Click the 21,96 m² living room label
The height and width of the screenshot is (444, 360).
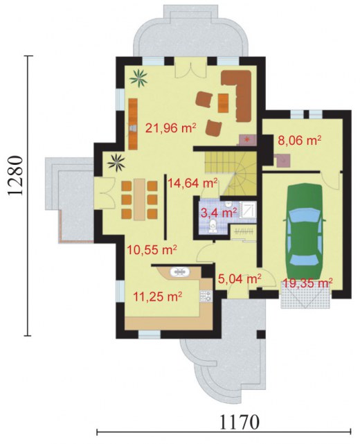click(171, 128)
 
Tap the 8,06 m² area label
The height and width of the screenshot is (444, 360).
click(300, 140)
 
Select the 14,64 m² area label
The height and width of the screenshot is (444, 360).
click(192, 183)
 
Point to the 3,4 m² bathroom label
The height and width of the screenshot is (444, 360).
click(219, 212)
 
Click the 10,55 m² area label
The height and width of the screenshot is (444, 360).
click(152, 250)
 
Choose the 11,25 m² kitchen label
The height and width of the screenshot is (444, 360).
click(157, 296)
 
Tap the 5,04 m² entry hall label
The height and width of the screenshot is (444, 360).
click(240, 279)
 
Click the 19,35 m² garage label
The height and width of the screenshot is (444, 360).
click(307, 283)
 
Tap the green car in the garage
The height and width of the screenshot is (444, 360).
click(305, 231)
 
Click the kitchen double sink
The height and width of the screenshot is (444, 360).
click(180, 272)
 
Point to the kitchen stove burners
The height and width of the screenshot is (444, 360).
click(206, 296)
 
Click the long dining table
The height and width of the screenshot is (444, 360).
click(140, 199)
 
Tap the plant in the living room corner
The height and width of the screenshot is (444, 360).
click(138, 78)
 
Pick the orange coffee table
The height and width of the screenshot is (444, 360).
click(224, 103)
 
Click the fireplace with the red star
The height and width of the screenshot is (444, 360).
click(248, 140)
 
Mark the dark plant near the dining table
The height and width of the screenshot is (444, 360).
click(116, 162)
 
